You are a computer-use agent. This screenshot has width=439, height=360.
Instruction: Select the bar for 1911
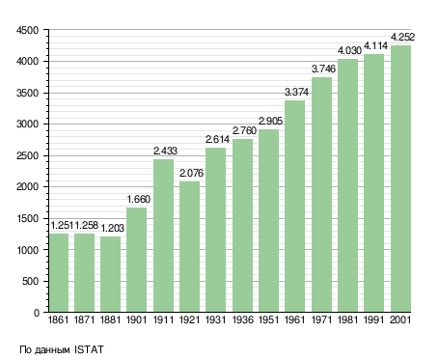163,235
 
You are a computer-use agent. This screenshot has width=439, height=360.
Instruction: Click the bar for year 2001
400,179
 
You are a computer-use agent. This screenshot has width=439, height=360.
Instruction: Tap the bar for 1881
110,274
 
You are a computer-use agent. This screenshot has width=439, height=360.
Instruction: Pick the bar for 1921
189,247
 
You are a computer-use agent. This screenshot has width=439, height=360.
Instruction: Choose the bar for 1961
294,206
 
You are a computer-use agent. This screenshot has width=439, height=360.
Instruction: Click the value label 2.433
165,151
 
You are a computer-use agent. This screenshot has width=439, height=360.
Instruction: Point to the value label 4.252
402,37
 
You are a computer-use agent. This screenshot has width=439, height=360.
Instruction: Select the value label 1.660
139,199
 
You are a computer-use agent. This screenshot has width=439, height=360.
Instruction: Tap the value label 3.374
296,92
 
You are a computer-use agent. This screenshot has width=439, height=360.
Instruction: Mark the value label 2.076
191,173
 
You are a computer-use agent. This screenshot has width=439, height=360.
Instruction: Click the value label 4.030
349,50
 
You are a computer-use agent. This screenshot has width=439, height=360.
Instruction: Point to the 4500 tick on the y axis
27,30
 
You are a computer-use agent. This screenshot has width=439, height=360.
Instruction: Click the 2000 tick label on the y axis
27,187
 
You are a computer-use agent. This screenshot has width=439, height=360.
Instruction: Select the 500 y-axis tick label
30,282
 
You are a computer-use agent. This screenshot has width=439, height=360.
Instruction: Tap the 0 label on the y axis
37,313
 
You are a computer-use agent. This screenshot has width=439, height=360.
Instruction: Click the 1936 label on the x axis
242,319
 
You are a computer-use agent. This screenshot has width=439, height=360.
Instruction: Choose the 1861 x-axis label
58,319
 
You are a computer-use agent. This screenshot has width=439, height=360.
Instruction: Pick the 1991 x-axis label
374,319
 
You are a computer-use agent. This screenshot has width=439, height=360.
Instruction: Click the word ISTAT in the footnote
89,349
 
